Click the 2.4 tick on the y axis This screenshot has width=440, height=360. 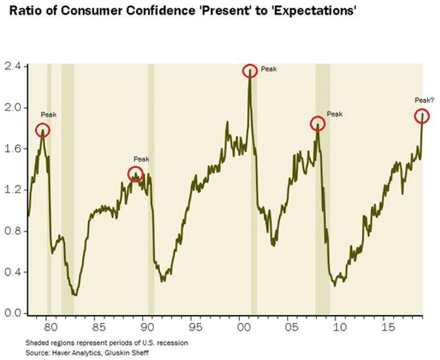point(12,66)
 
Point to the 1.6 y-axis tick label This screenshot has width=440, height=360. point(12,149)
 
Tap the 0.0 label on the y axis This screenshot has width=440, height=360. point(12,314)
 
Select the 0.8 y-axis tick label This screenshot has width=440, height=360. point(12,231)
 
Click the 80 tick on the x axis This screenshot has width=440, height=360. point(49,324)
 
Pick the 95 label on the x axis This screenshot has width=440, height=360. point(193,324)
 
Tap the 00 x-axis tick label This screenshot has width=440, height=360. point(241,324)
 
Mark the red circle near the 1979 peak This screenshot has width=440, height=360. point(43,131)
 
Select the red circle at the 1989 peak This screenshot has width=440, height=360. point(136,174)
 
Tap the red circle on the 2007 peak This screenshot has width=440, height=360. point(317,123)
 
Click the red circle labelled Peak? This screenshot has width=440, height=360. point(422,116)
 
